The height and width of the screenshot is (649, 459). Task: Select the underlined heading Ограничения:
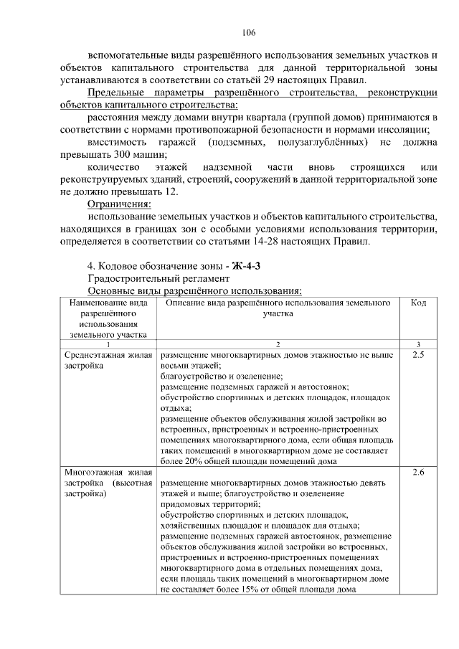click(115, 204)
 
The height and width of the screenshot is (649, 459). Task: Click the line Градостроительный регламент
click(158, 278)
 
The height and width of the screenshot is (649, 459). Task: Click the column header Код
click(419, 303)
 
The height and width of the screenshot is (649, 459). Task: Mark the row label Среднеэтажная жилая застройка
click(108, 359)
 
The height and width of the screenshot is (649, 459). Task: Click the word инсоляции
click(408, 129)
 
